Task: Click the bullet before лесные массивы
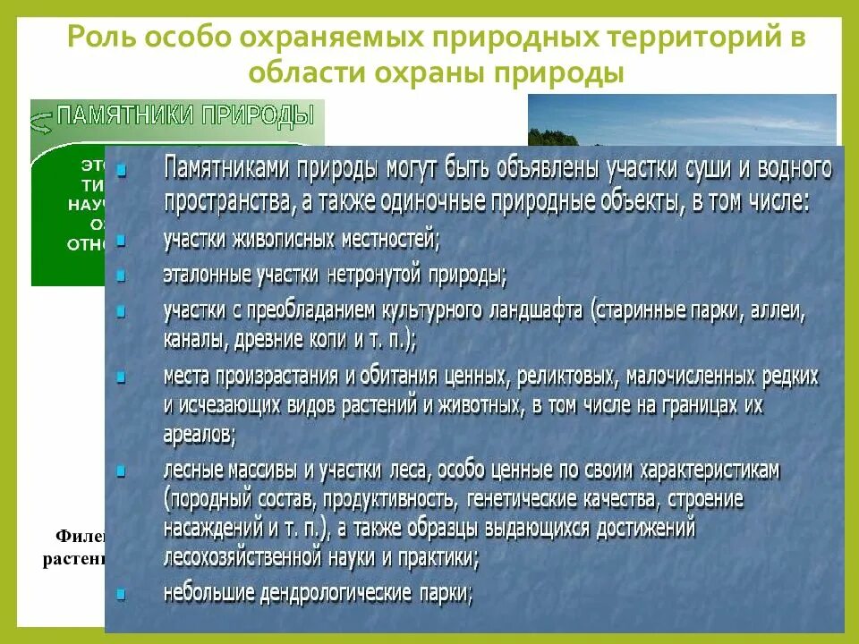[x=122, y=470]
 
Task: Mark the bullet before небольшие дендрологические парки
[x=122, y=592]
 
